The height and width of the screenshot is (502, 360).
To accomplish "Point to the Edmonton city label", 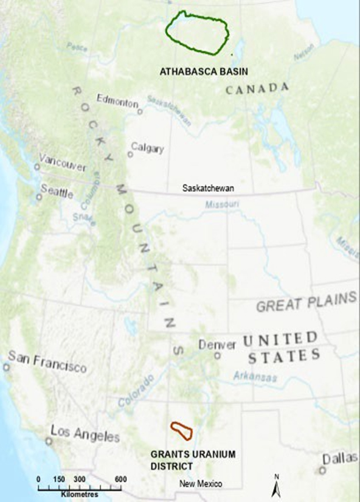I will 117,103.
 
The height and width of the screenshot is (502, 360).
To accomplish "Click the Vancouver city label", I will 62,162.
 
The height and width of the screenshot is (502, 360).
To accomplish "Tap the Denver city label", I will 216,345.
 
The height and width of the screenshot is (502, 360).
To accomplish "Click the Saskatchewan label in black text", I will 208,189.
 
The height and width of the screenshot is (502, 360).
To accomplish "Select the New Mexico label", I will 201,483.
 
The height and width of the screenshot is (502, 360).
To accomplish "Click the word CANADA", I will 257,89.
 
